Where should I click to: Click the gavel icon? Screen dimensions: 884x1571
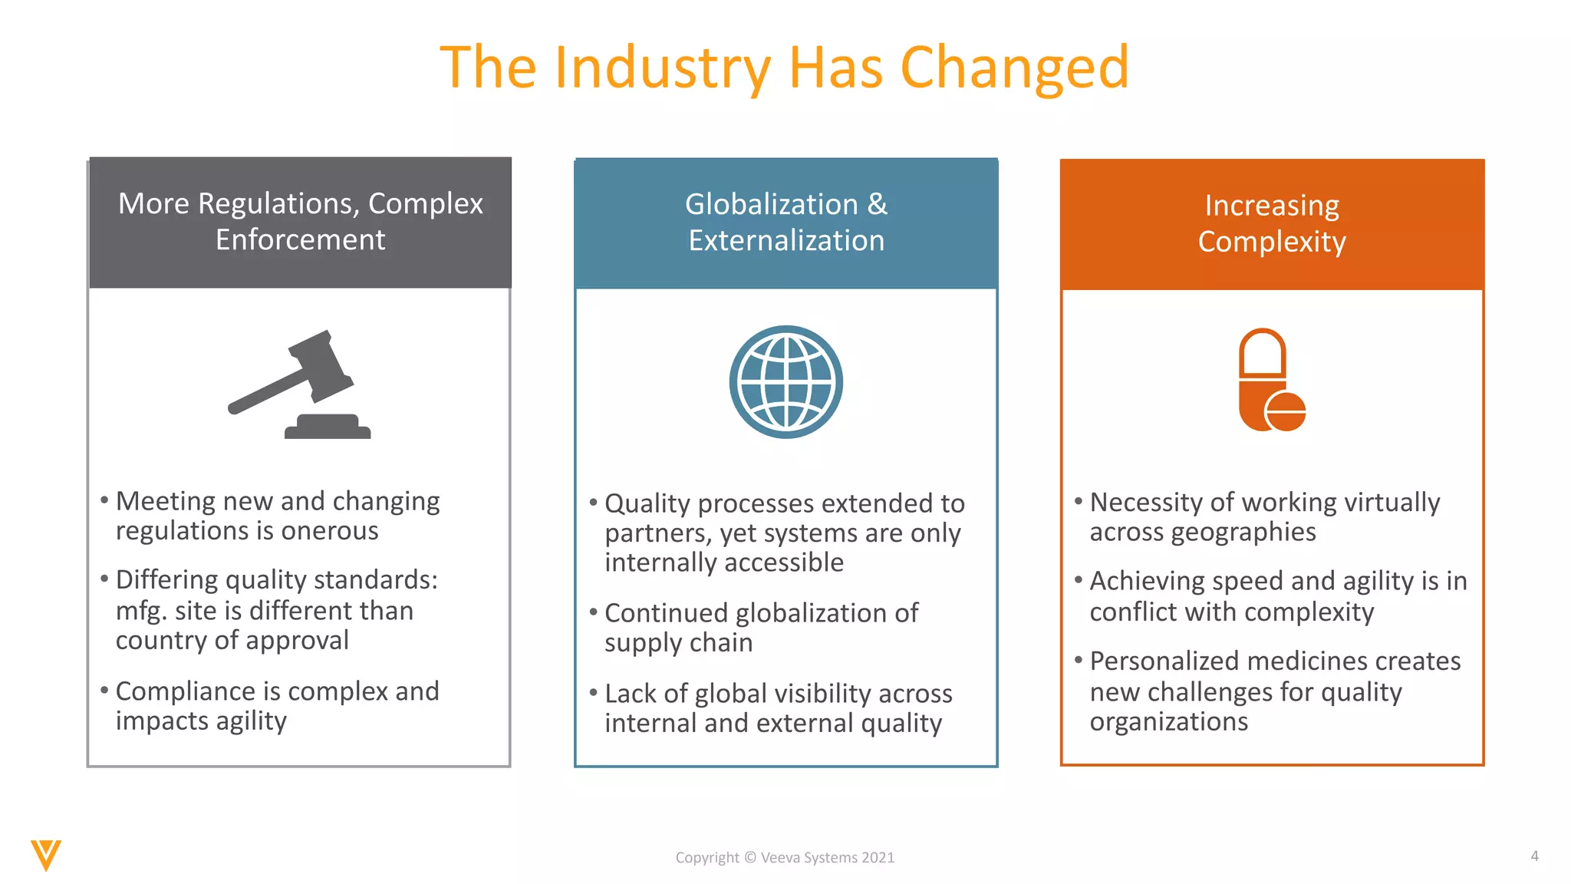point(299,384)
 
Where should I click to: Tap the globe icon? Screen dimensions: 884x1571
point(785,382)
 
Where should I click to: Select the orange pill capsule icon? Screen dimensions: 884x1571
point(1271,381)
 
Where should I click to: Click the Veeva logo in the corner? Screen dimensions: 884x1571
point(46,855)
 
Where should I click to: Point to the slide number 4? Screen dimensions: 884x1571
point(1534,856)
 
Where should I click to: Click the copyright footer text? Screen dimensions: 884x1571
point(785,857)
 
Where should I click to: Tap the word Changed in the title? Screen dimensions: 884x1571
point(1014,68)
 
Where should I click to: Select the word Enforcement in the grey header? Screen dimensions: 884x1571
point(300,239)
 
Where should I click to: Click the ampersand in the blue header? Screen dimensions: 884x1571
point(877,204)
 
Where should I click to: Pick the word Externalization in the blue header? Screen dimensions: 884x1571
point(786,240)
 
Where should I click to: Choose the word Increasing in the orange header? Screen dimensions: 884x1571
point(1272,205)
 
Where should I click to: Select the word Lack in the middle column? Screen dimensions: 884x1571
point(631,693)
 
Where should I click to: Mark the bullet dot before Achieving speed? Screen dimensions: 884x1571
point(1078,579)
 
